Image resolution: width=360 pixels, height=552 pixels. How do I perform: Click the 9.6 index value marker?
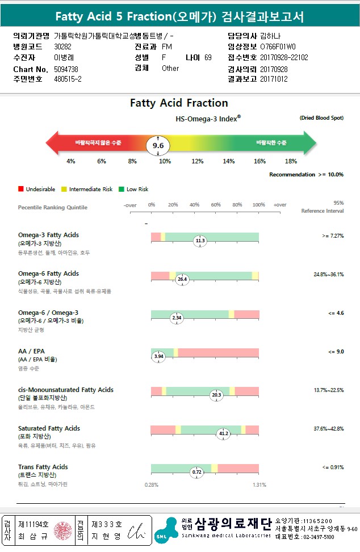coord(158,146)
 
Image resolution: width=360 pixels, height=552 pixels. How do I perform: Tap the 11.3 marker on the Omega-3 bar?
coord(200,241)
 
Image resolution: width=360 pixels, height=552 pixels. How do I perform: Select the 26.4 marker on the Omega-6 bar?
coord(182,280)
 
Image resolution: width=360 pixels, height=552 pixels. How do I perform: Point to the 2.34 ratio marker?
coord(177,318)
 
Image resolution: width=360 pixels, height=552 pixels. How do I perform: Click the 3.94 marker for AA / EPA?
coord(159,356)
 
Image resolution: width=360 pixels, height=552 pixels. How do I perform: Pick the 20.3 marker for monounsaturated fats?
coord(216,395)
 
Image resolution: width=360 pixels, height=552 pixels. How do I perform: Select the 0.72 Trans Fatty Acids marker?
coord(197,472)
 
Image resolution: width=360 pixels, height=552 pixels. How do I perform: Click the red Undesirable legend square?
coord(21,189)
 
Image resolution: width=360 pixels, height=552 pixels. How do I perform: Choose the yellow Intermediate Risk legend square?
coord(64,189)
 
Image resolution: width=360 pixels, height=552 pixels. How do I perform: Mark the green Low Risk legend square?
coord(122,189)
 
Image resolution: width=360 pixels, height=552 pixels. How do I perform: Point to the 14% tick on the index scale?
coord(228,162)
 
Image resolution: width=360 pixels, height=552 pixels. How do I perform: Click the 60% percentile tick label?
coord(216,205)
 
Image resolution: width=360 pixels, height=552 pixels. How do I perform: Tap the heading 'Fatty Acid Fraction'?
coord(179,103)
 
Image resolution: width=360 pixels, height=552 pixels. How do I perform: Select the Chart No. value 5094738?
coord(66,69)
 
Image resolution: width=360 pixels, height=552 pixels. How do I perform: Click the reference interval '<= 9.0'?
coord(336,352)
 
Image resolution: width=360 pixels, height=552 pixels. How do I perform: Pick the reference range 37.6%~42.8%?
coord(328,429)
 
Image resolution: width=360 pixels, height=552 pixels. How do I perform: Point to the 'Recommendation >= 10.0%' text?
coord(306,175)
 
